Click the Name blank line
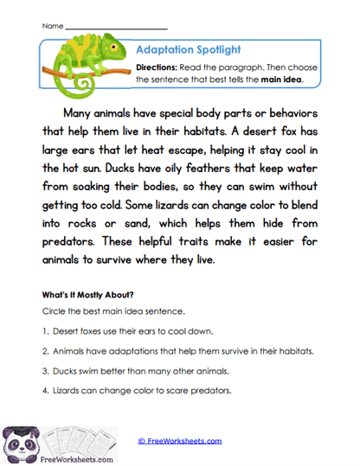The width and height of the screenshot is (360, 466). coord(116,27)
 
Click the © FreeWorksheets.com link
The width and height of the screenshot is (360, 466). coord(180,441)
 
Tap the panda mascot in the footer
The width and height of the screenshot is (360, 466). coord(19,439)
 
